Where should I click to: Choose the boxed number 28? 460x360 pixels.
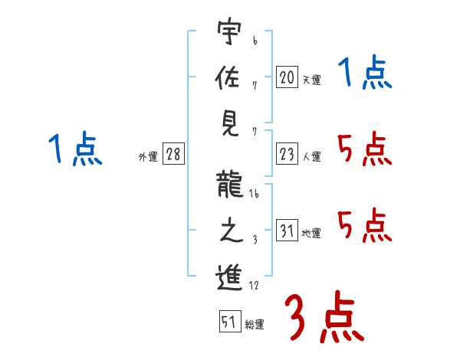(x=173, y=155)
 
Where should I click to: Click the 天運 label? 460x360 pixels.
(x=312, y=80)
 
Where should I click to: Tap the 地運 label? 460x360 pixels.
(x=312, y=234)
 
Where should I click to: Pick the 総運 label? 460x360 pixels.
(x=255, y=325)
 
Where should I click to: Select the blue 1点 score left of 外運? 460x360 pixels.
(x=75, y=149)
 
